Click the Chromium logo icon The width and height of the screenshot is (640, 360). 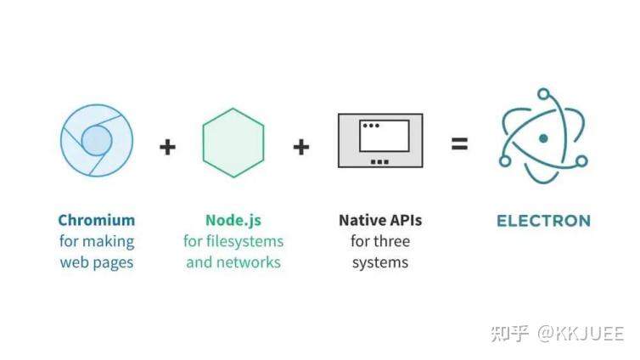point(97,140)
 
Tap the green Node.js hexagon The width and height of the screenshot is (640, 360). point(233,143)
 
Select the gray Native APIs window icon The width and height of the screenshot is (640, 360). point(380,140)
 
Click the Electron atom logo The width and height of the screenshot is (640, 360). point(543,136)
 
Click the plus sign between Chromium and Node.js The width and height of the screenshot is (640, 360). point(167,147)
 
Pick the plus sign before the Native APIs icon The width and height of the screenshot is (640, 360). point(301,147)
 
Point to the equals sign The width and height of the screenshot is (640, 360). point(459,143)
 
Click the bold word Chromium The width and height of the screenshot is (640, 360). point(97,221)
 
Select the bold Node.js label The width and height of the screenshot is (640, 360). point(233,221)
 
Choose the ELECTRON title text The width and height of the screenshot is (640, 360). point(544,221)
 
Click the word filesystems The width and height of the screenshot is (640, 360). point(245,241)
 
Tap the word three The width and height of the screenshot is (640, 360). point(392,241)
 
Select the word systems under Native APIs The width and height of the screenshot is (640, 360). point(380,263)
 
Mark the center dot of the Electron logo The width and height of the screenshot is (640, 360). point(543,138)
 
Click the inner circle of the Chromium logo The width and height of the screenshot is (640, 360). point(97,140)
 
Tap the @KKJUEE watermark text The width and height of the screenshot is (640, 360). point(581,334)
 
